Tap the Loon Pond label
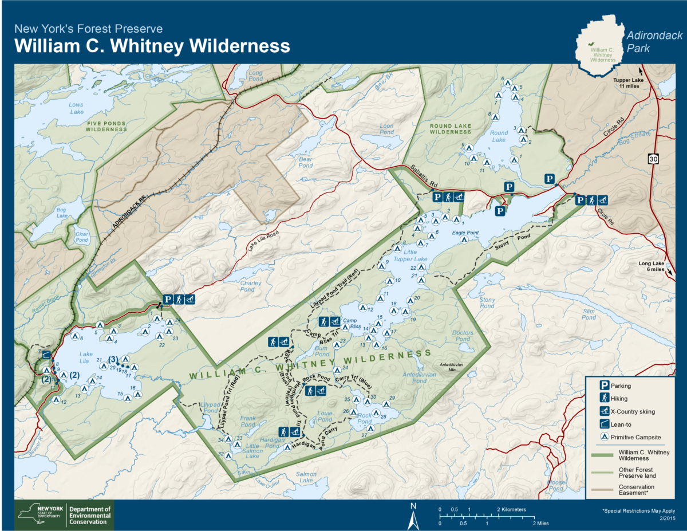tap(387, 129)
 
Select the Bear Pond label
tap(305, 162)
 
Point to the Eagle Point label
tap(465, 233)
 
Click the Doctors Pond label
tap(463, 336)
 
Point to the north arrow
tap(412, 517)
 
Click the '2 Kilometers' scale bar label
tap(511, 509)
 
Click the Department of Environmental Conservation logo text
tap(89, 515)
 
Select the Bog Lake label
tap(61, 213)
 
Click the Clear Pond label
tap(82, 237)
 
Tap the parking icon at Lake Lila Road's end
tap(168, 299)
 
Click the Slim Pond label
tap(589, 314)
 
